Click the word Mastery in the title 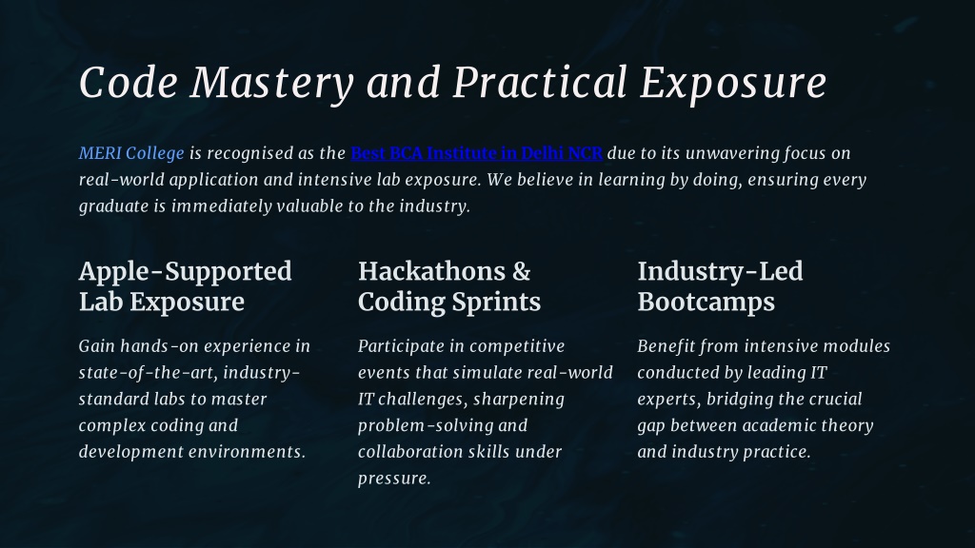pyautogui.click(x=271, y=84)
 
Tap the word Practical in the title pyautogui.click(x=539, y=84)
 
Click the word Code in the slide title pyautogui.click(x=129, y=84)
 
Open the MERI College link pyautogui.click(x=131, y=153)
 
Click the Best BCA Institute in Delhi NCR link pyautogui.click(x=476, y=153)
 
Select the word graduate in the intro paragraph pyautogui.click(x=114, y=206)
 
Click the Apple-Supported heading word pyautogui.click(x=186, y=272)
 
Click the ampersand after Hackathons pyautogui.click(x=522, y=272)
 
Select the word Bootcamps pyautogui.click(x=706, y=303)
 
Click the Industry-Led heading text pyautogui.click(x=720, y=272)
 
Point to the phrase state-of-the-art pyautogui.click(x=148, y=373)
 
